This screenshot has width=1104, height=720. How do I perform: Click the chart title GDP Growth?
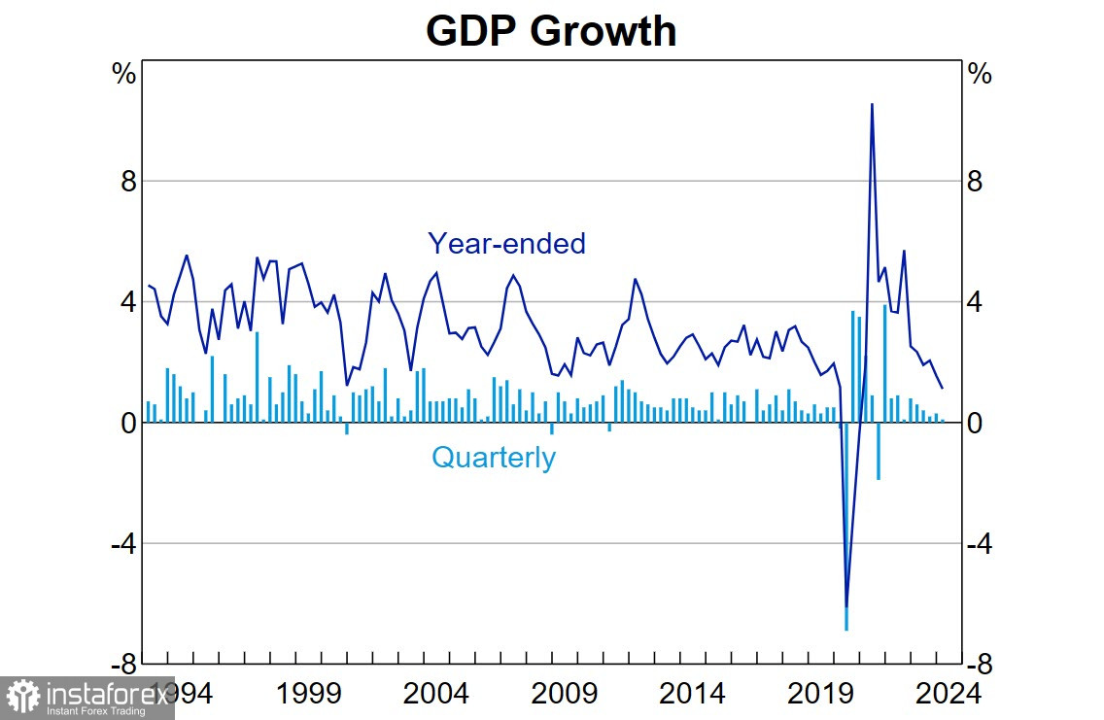click(551, 31)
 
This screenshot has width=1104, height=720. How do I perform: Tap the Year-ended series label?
click(506, 243)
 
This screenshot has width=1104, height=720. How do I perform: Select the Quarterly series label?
click(494, 458)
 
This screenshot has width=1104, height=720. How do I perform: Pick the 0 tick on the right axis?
click(976, 424)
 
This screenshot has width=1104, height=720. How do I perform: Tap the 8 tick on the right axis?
click(976, 182)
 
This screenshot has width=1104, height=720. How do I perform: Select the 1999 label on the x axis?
click(308, 695)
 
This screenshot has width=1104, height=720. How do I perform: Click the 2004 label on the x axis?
click(437, 695)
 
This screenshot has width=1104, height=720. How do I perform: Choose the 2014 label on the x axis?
click(693, 695)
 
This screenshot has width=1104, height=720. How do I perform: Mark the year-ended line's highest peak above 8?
click(872, 104)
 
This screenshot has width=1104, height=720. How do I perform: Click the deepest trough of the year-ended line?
click(846, 606)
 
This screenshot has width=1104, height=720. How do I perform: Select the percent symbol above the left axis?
click(124, 74)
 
